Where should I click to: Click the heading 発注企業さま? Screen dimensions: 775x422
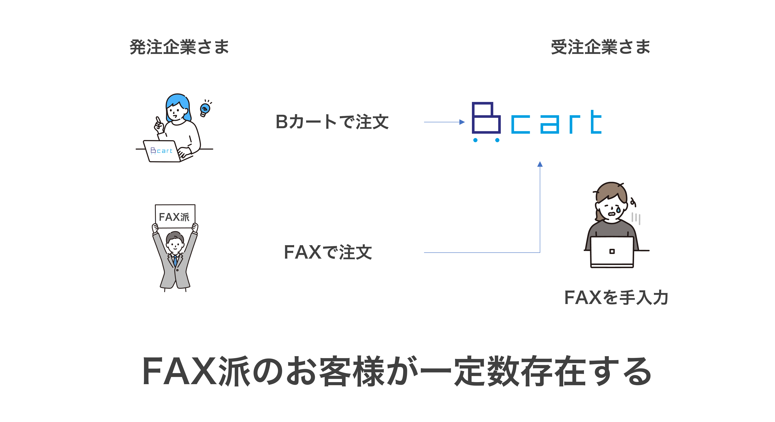click(x=179, y=47)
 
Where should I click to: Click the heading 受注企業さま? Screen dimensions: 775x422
click(x=600, y=47)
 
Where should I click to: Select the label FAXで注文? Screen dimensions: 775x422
click(x=328, y=252)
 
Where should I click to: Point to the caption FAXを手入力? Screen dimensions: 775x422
click(x=616, y=297)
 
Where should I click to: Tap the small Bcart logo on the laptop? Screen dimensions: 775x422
click(x=161, y=151)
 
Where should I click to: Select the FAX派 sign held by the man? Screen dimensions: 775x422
click(x=175, y=216)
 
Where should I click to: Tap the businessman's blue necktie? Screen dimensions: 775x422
click(x=175, y=260)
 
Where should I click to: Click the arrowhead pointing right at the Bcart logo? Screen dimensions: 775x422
click(x=462, y=122)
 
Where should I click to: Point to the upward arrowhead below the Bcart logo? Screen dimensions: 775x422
click(x=540, y=164)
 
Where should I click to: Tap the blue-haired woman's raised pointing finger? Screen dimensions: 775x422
click(x=158, y=120)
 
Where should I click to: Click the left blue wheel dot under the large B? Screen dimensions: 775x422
click(x=475, y=140)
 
